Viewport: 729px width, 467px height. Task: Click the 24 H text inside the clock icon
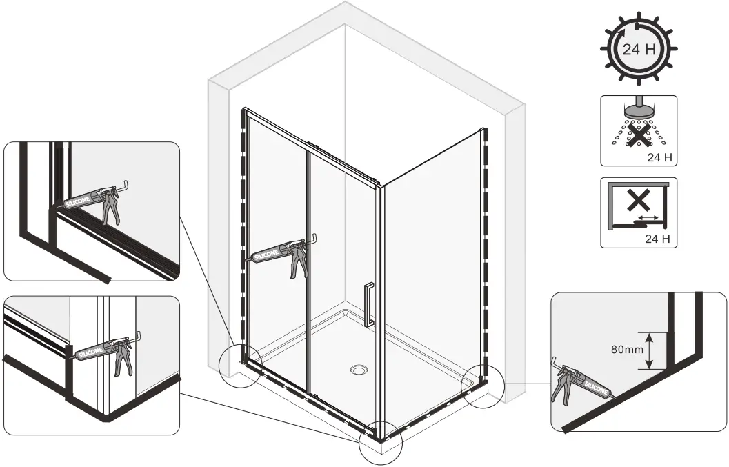coord(638,50)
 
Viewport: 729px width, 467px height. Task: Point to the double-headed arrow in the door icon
coord(648,218)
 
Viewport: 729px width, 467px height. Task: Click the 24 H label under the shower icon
coord(660,158)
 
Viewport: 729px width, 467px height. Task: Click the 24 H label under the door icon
coord(660,240)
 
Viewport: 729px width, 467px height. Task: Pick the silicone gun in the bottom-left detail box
coord(110,349)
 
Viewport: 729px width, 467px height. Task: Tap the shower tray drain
coord(359,370)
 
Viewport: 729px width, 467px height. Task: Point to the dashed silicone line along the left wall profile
coord(243,228)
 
